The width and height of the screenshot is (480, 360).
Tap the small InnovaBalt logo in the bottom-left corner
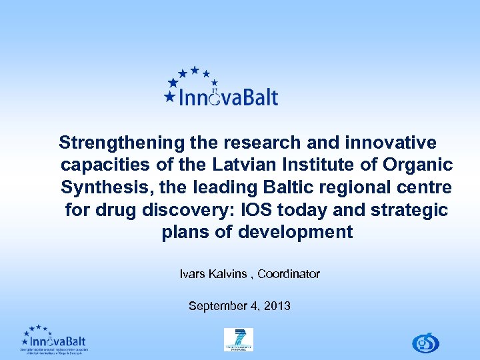(x=53, y=340)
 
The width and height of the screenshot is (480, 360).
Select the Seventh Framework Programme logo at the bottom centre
(x=238, y=339)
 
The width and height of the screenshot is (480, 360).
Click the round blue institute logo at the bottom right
(x=425, y=343)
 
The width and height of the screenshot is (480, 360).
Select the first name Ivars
(x=193, y=274)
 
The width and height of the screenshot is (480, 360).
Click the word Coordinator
(x=289, y=274)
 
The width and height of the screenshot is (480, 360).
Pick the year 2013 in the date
(x=277, y=306)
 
